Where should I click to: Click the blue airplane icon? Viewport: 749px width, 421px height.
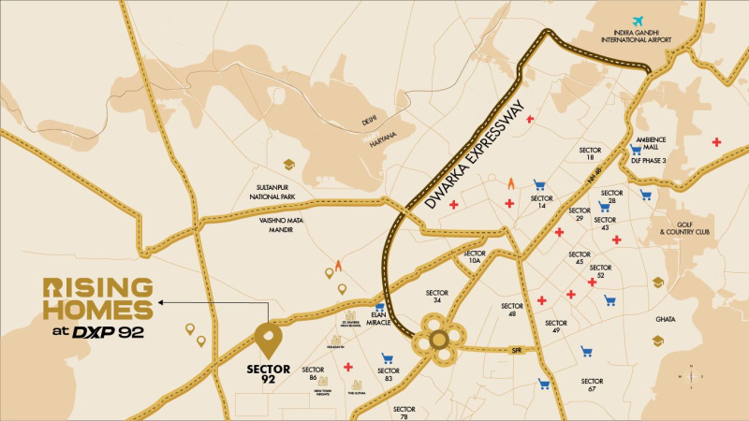639,22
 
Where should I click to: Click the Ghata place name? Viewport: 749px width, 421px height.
666,319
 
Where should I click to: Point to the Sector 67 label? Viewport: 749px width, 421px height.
592,385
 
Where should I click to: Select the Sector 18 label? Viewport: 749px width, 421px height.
590,154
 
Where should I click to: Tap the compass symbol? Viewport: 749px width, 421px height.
691,375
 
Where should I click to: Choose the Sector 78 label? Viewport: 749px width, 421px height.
404,413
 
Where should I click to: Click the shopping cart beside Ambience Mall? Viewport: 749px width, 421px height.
636,148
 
